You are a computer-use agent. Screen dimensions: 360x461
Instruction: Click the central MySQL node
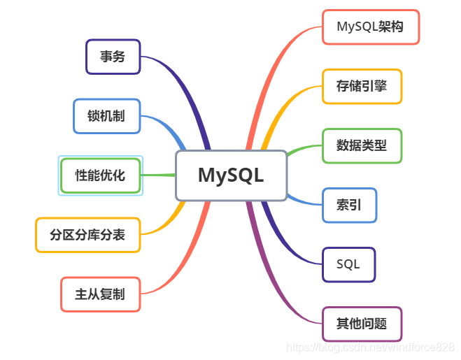231,175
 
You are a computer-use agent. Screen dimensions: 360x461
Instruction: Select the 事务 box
113,57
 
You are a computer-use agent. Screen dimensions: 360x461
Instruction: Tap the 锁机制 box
106,116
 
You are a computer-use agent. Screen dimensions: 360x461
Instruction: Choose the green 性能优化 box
100,175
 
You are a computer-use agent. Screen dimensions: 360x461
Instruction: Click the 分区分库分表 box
87,235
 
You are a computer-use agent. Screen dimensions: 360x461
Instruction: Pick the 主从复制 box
100,294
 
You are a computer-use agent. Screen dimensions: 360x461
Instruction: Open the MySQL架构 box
370,27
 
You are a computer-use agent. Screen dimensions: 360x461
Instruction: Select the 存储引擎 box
362,87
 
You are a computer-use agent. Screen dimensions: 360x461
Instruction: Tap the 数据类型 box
362,146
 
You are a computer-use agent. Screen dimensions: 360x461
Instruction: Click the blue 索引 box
349,206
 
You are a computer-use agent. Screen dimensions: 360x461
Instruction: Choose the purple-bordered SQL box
348,264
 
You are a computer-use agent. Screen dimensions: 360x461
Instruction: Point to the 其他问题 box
362,324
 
